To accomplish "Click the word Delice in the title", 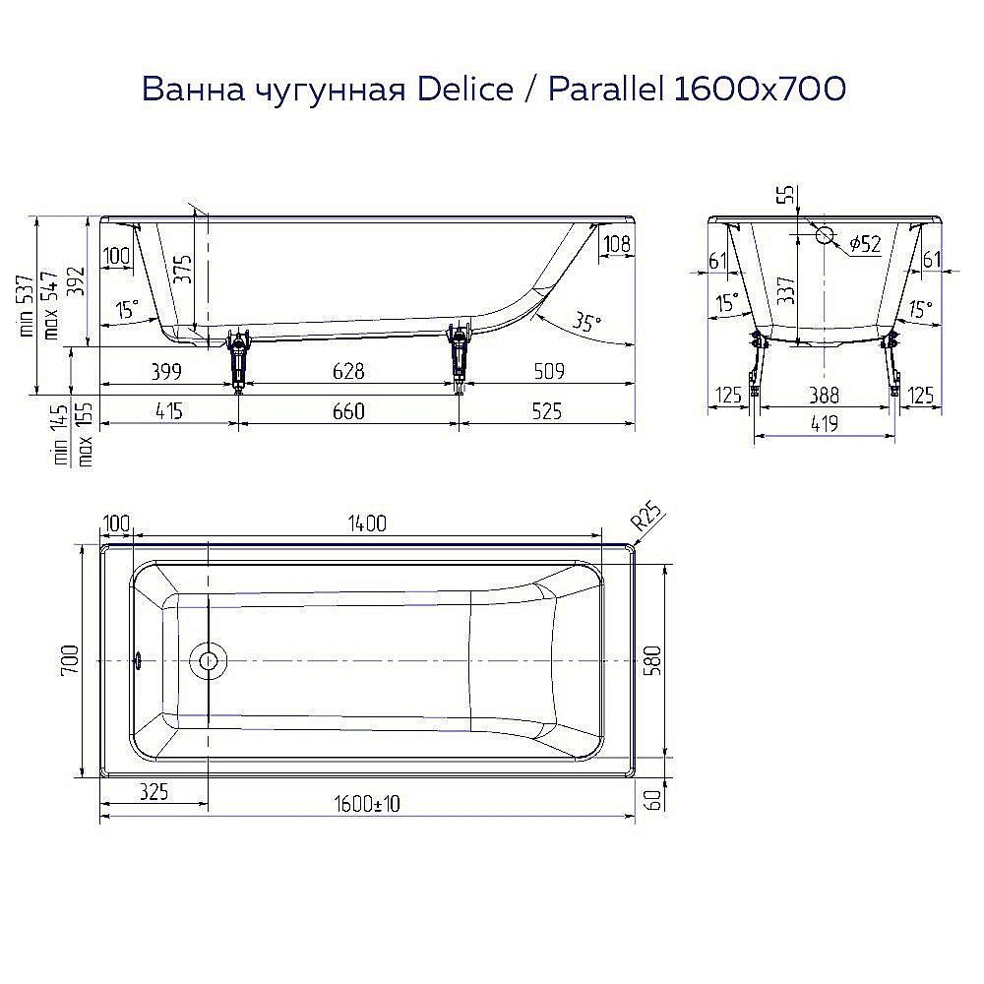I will click(465, 90).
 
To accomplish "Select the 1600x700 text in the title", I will click(759, 90).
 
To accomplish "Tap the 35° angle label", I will click(586, 322).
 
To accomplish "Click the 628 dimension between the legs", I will click(348, 371).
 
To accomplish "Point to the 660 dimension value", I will click(348, 411).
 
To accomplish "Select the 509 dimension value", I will click(548, 371).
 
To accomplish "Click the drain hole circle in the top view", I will click(208, 660).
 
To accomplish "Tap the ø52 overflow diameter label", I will click(863, 244).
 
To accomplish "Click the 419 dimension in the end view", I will click(824, 424).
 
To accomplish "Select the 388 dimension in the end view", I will click(824, 396).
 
